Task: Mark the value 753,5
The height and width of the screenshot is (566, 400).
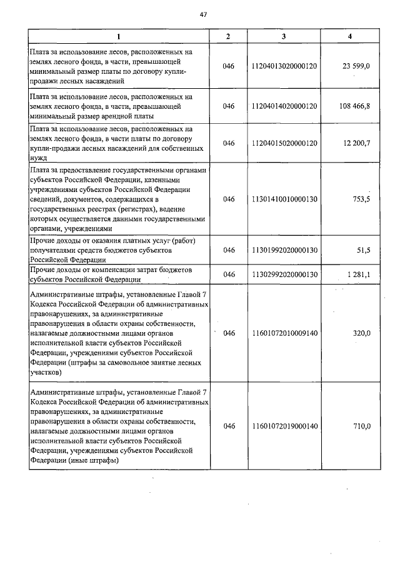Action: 361,199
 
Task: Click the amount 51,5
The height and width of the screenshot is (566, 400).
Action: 364,250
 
